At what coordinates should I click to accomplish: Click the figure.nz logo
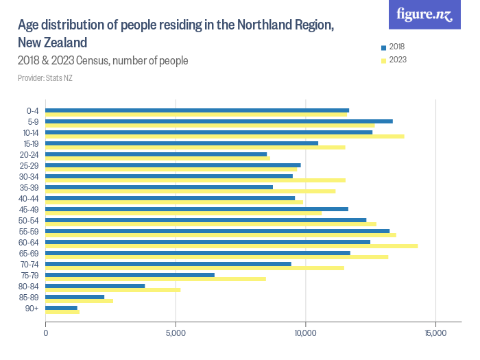click(x=425, y=15)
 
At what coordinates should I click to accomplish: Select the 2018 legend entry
click(x=393, y=47)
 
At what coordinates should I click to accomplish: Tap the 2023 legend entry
click(x=393, y=60)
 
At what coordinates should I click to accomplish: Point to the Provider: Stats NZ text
click(x=45, y=78)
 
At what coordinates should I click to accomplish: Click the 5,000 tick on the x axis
click(x=176, y=333)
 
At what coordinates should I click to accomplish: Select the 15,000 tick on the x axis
click(x=435, y=333)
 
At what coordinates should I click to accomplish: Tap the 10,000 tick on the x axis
click(x=305, y=333)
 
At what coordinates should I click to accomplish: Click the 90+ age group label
click(x=32, y=309)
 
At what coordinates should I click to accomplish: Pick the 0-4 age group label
click(x=32, y=111)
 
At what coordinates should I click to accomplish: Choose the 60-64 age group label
click(x=29, y=243)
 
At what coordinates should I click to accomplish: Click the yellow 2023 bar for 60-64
click(x=232, y=245)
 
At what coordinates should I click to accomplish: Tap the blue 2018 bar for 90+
click(x=62, y=308)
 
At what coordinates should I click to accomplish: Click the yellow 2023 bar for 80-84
click(x=113, y=289)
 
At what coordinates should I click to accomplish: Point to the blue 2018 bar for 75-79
click(x=130, y=275)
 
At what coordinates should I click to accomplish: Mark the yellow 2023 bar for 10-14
click(x=225, y=136)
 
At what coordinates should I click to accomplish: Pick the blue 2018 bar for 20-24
click(x=156, y=154)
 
